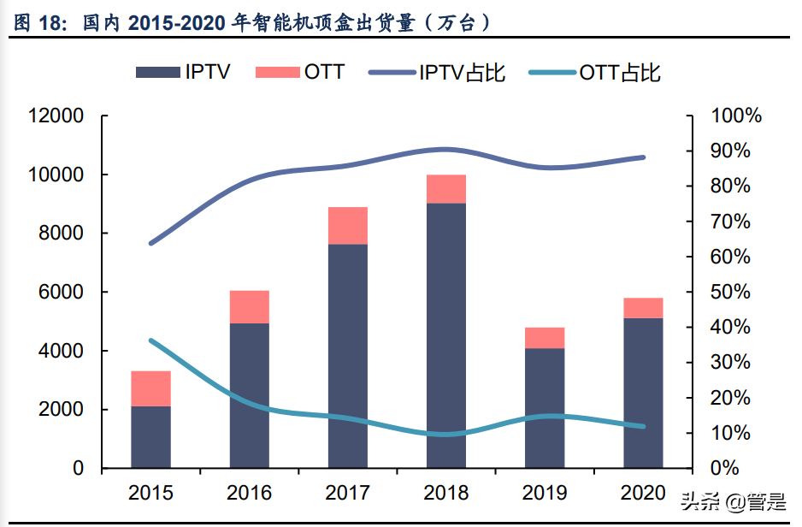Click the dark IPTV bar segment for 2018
coord(445,335)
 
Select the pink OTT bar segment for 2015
coord(150,388)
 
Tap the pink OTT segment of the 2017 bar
coord(347,226)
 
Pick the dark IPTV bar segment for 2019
coord(545,408)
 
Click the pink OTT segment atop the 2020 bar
coord(643,308)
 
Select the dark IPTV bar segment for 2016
coord(249,395)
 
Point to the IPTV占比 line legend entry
coord(437,72)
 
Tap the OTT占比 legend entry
coord(594,72)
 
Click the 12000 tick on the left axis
coord(56,116)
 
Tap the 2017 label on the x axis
coord(347,493)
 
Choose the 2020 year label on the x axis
coord(643,493)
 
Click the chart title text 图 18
coord(38,23)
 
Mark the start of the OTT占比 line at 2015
coord(150,340)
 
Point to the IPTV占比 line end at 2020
coord(643,157)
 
